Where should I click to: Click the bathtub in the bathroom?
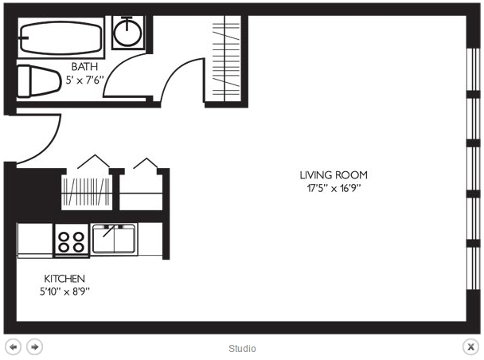(61, 38)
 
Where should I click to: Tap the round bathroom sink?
(127, 33)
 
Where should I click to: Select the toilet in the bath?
(38, 81)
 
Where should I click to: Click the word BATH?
(84, 66)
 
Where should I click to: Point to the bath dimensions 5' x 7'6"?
(84, 80)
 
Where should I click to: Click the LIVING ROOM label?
(334, 175)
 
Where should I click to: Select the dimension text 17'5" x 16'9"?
(334, 188)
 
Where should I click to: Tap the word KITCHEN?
(64, 279)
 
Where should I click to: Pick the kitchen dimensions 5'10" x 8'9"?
(64, 292)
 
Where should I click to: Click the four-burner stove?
(72, 241)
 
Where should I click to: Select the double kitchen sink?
(114, 239)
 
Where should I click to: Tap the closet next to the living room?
(226, 59)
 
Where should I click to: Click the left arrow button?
(13, 347)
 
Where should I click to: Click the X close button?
(470, 347)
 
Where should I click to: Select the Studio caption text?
(242, 349)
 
